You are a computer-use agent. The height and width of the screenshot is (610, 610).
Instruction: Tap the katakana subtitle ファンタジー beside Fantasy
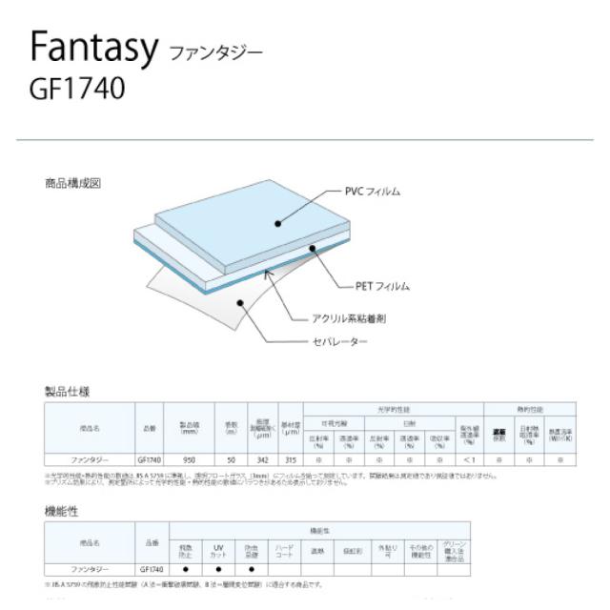(x=214, y=53)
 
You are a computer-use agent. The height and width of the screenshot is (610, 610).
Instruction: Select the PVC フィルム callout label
(x=371, y=192)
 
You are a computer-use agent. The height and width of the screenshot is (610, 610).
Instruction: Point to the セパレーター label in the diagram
(x=339, y=340)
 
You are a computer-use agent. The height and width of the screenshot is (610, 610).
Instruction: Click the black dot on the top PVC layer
(x=277, y=224)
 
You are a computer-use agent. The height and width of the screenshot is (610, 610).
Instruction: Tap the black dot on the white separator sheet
(x=242, y=303)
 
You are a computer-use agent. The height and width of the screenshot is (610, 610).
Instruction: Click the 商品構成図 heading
(x=71, y=182)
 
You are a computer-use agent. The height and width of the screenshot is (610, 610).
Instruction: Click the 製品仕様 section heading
(x=68, y=392)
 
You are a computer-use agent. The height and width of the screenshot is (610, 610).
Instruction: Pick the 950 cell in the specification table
(x=189, y=459)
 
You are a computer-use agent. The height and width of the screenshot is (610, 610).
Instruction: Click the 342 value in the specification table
(x=262, y=459)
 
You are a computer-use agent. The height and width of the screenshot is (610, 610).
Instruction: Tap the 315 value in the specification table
(x=291, y=459)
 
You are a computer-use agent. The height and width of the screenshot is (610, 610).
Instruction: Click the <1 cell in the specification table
(x=469, y=459)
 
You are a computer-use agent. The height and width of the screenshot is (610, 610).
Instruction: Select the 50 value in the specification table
(x=231, y=459)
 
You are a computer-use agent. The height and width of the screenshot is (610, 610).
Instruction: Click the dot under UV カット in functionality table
(x=217, y=569)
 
